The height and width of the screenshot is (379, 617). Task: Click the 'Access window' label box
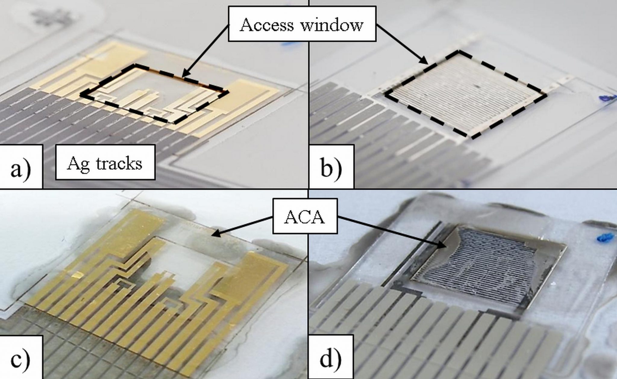coord(302,24)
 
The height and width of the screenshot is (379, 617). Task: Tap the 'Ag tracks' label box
coord(105,163)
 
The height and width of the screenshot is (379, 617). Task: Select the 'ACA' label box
coord(305,216)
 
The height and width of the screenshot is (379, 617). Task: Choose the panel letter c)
coord(20,358)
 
